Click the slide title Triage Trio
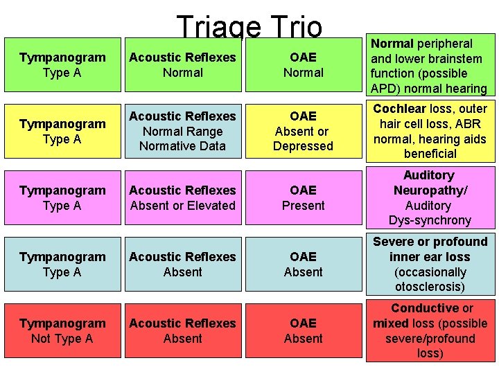click(x=249, y=28)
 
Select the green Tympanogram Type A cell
click(x=62, y=65)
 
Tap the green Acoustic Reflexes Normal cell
click(x=183, y=65)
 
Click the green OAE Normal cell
click(x=303, y=65)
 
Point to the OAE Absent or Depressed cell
click(x=303, y=132)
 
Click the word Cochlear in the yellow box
click(x=399, y=109)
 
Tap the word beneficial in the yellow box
click(x=430, y=154)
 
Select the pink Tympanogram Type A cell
click(x=62, y=198)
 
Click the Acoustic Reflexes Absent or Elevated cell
click(x=183, y=198)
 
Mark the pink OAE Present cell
click(x=303, y=198)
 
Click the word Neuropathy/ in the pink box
click(x=430, y=190)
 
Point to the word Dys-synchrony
click(x=430, y=221)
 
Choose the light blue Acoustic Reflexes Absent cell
click(x=183, y=265)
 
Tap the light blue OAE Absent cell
click(x=303, y=265)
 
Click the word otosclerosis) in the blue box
click(x=430, y=287)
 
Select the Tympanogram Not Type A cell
click(x=62, y=331)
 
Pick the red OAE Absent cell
click(x=303, y=331)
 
